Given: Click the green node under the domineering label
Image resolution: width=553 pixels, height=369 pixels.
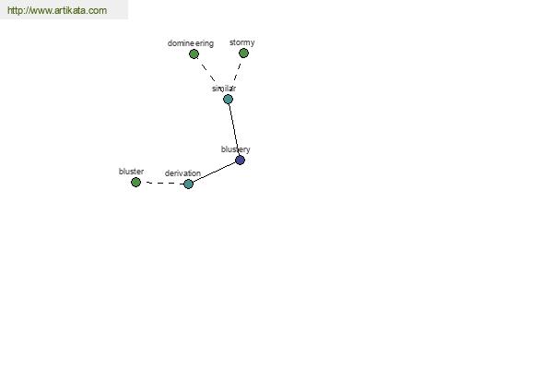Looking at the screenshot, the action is coord(194,54).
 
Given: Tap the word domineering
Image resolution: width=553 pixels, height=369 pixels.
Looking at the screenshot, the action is coord(191,43).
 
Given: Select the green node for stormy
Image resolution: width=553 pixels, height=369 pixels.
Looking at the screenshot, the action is coord(243,53).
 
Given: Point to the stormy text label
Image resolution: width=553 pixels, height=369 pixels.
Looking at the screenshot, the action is coord(241,42).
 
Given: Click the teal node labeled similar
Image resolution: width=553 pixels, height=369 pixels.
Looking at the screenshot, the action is coord(228,100).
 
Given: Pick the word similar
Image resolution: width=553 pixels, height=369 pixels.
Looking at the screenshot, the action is coord(224,89).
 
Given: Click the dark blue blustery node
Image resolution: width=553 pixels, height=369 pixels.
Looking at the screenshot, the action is coord(240,160).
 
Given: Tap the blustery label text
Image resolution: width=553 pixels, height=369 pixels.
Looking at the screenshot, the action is coord(236,149).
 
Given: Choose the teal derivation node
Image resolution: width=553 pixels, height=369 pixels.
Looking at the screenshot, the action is coord(188,184).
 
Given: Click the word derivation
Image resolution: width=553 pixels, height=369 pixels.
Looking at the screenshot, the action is coord(182,173).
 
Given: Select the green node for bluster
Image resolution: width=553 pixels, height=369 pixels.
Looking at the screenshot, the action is coord(135,183).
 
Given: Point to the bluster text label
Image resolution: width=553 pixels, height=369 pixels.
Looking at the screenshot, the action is coord(131,172).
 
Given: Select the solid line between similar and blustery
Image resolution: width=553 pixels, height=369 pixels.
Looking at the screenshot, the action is coord(234,129).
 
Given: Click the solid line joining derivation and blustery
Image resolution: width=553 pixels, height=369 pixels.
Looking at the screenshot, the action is coord(214,172).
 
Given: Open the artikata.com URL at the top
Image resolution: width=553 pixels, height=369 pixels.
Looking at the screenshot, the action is coord(57,10).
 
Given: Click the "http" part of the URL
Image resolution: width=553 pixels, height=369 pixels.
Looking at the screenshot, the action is coord(15,10).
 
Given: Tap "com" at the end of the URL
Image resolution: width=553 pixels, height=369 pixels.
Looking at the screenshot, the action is coord(99,10).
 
